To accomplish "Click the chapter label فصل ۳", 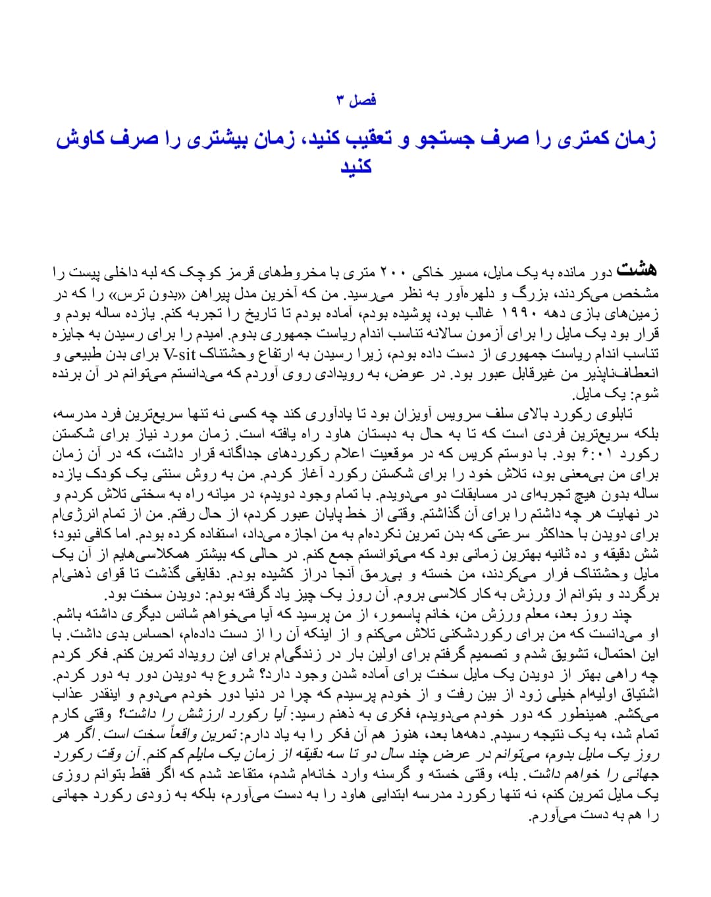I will (355, 100).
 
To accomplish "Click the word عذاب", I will (68, 696).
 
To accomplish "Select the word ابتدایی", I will (394, 796).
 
